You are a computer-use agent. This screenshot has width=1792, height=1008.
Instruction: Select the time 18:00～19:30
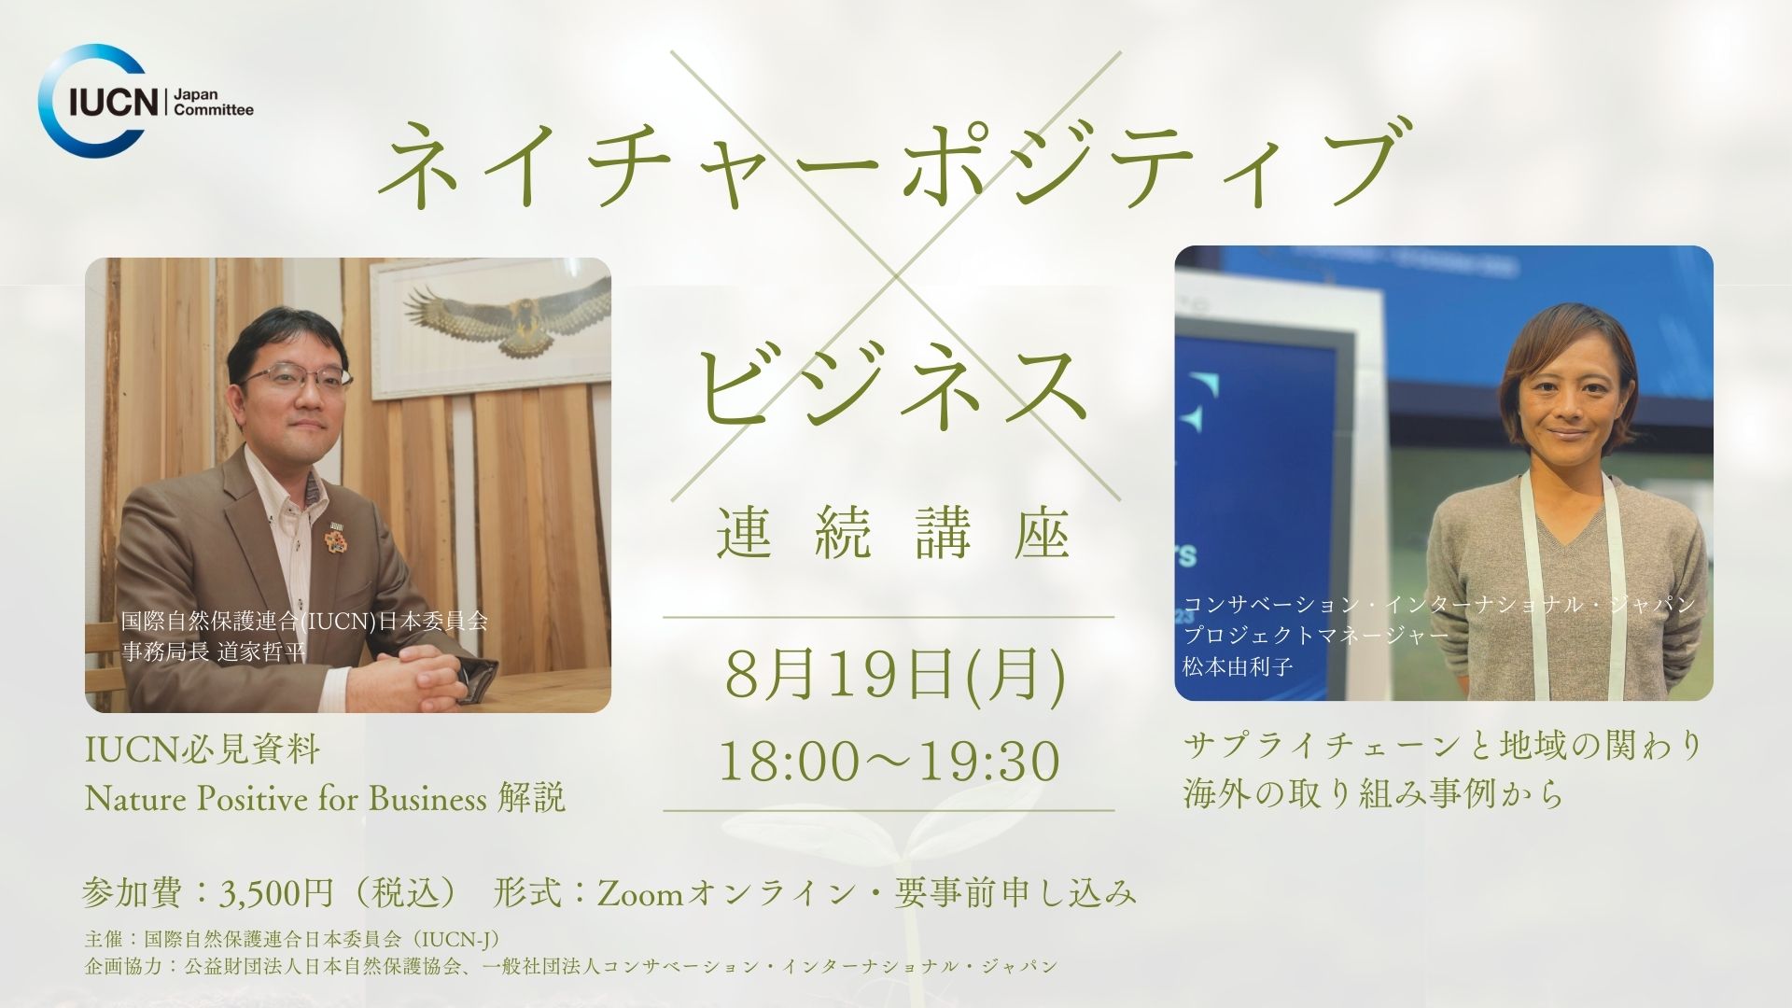(889, 763)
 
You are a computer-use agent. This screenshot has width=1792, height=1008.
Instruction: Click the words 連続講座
(893, 537)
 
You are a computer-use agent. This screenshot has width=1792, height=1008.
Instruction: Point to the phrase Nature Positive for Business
(286, 798)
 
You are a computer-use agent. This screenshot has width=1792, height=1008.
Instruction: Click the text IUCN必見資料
(202, 750)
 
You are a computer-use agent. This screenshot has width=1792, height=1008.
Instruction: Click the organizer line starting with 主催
(295, 937)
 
